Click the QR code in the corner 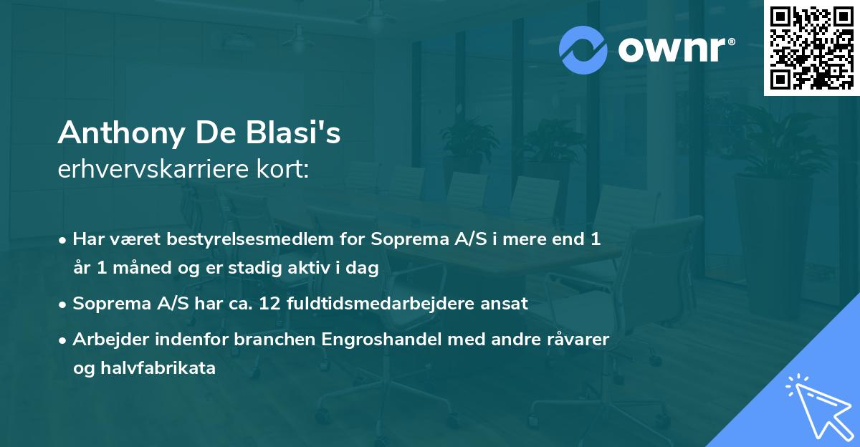point(811,47)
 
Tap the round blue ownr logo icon point(584,49)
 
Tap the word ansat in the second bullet point(509,303)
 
